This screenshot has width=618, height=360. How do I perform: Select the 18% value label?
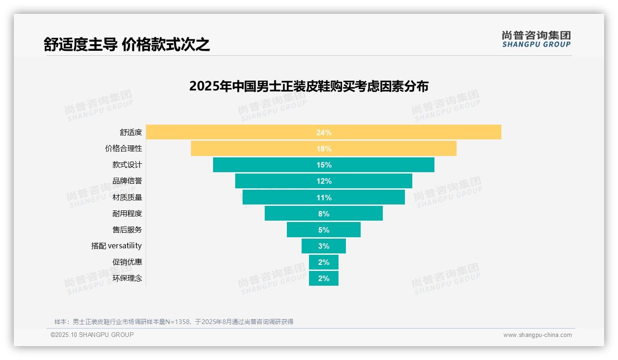click(x=324, y=149)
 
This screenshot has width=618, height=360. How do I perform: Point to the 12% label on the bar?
click(x=324, y=181)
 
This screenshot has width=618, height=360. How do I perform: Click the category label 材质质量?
click(x=127, y=197)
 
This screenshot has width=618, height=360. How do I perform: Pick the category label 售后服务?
click(x=127, y=229)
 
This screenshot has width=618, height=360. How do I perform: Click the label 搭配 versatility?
click(x=116, y=246)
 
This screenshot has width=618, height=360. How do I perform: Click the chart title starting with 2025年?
click(x=309, y=86)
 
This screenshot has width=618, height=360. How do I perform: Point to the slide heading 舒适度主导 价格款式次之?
click(x=127, y=44)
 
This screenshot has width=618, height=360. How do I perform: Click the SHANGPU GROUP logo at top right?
click(x=536, y=39)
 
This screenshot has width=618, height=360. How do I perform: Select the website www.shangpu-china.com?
click(x=537, y=335)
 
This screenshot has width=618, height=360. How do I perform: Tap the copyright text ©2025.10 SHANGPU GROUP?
click(x=92, y=335)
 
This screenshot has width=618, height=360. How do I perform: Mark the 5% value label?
click(x=324, y=230)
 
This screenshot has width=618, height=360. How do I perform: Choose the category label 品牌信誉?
click(x=127, y=181)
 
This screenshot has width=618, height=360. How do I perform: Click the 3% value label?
click(x=324, y=246)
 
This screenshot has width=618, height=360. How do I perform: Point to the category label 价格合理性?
click(x=123, y=149)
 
